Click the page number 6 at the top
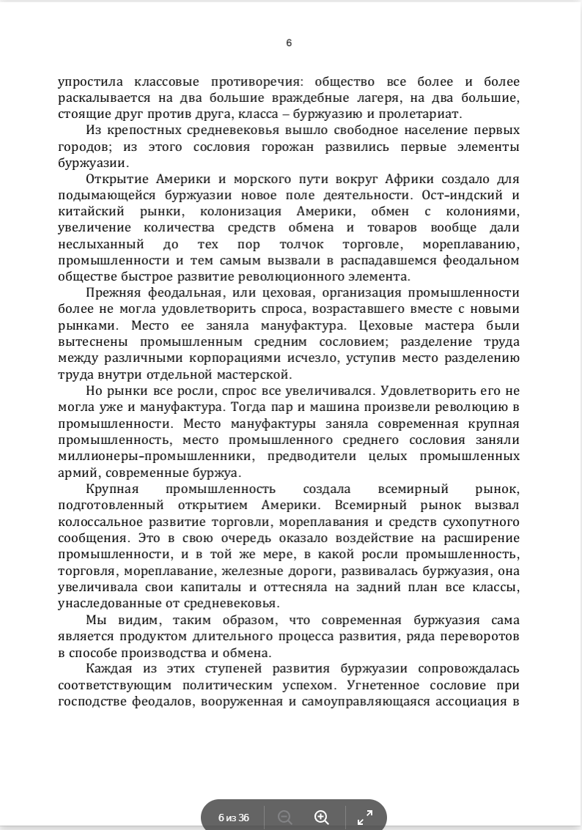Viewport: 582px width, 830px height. click(x=289, y=42)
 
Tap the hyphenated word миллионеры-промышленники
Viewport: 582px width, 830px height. click(x=157, y=456)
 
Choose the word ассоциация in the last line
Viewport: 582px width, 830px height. click(x=474, y=700)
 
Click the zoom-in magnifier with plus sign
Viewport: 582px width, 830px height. click(x=321, y=818)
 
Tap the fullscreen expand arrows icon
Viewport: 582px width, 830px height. click(x=364, y=818)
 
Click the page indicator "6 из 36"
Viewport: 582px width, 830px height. click(x=234, y=818)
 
